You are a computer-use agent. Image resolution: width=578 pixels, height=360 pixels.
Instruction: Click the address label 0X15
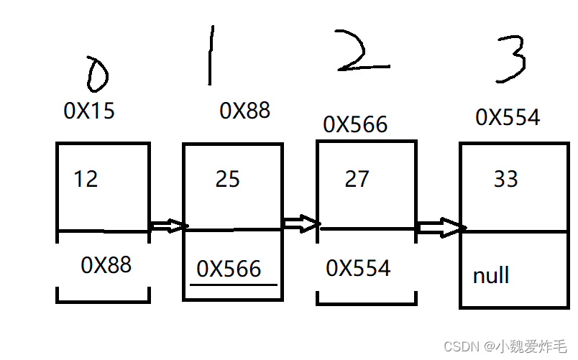click(x=89, y=111)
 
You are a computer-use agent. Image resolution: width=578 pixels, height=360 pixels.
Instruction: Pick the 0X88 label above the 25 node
click(x=244, y=110)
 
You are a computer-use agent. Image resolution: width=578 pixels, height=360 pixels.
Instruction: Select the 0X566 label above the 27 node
click(x=355, y=124)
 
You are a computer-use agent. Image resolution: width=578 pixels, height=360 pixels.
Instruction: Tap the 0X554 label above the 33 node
click(x=508, y=117)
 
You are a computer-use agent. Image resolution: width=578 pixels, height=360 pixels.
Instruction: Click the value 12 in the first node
click(x=86, y=178)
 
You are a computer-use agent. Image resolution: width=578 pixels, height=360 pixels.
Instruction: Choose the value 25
click(x=227, y=179)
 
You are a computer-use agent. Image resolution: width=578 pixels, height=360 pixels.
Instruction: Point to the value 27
click(x=357, y=179)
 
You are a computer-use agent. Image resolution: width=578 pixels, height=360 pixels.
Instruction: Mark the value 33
click(x=505, y=178)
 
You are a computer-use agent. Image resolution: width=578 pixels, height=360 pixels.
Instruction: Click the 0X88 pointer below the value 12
click(x=106, y=265)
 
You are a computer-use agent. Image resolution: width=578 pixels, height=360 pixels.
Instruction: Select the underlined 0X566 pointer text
click(x=229, y=269)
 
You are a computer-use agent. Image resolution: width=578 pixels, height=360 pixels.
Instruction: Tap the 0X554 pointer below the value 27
click(x=358, y=268)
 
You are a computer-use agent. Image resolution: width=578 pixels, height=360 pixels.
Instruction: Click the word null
click(x=491, y=275)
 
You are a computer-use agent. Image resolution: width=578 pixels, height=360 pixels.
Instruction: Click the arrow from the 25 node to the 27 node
click(x=301, y=223)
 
